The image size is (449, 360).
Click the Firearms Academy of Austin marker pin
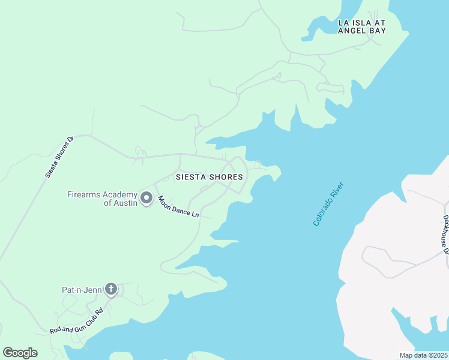coord(146,197)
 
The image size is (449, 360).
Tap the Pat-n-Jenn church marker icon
coord(110,290)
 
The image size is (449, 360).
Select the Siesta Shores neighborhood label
coord(209,177)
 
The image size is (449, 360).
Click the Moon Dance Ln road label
coord(178,205)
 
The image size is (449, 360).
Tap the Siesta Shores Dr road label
coord(59,157)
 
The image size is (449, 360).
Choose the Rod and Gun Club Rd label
coord(77,320)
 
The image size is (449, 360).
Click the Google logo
coord(20,353)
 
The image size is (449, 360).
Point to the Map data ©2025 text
coord(423,355)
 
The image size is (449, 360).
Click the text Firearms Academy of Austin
coord(102,199)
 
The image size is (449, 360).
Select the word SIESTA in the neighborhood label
coord(190,177)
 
